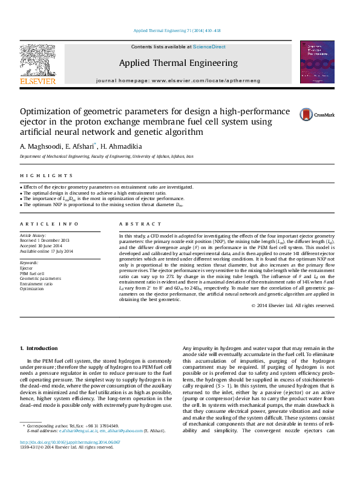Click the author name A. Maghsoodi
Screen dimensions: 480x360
pos(40,146)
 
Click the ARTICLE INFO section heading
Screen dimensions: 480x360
pos(45,223)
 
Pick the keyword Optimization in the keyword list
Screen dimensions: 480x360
pos(32,289)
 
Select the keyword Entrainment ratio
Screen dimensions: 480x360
pos(36,284)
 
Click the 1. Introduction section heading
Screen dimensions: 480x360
pos(39,348)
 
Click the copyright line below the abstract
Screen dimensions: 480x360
pos(293,306)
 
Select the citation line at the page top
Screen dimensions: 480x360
pos(180,30)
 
